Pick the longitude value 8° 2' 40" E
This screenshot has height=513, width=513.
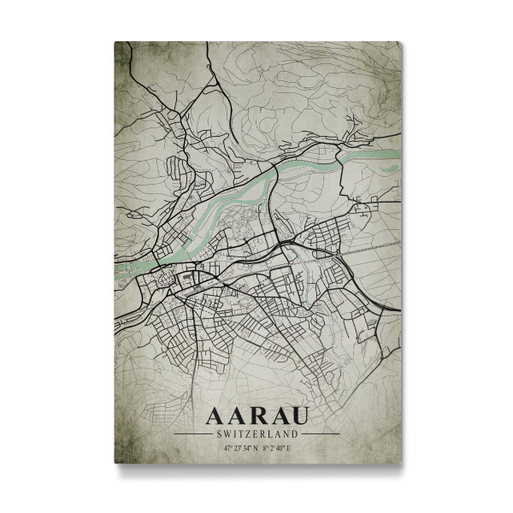pyautogui.click(x=278, y=447)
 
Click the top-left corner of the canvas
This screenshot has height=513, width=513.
pyautogui.click(x=115, y=41)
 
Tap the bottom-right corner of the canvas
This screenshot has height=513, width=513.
pyautogui.click(x=400, y=463)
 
